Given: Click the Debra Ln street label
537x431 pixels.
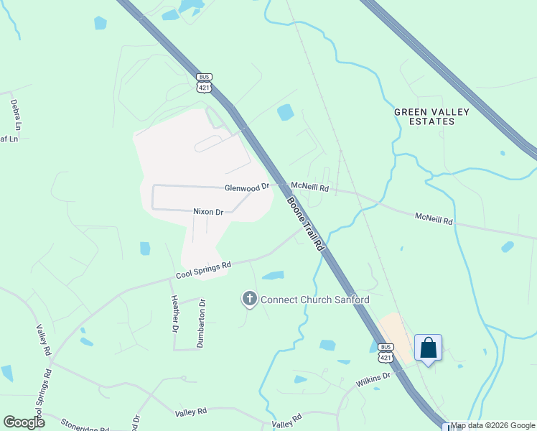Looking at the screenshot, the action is click(x=15, y=112).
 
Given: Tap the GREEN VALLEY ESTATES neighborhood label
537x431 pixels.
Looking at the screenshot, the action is click(x=431, y=116).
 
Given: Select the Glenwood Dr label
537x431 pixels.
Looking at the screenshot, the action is click(x=246, y=187).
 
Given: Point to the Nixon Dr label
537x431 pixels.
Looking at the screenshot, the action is click(x=209, y=212).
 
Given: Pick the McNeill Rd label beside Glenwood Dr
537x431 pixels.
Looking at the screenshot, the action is click(x=309, y=187).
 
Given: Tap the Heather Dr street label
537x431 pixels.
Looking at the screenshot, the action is click(x=173, y=314).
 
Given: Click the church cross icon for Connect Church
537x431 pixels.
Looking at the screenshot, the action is click(x=249, y=299).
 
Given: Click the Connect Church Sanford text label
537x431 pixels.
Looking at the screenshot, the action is click(x=314, y=300).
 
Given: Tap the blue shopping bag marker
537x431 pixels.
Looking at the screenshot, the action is click(x=428, y=348).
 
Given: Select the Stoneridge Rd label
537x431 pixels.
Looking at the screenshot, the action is click(x=84, y=425).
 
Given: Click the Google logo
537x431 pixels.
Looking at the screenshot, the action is click(x=24, y=422).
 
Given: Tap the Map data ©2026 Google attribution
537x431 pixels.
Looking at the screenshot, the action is click(x=493, y=425).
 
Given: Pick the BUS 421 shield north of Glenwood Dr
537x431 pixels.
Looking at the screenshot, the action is click(x=205, y=83).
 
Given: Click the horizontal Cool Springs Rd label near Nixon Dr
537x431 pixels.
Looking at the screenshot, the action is click(x=204, y=270).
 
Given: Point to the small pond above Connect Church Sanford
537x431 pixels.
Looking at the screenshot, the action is click(x=273, y=275).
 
